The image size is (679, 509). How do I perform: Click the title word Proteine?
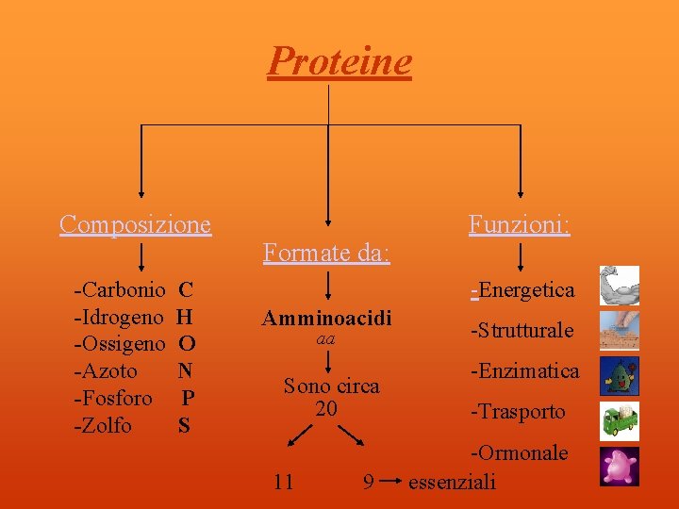tap(339, 61)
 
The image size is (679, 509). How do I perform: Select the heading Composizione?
tap(136, 224)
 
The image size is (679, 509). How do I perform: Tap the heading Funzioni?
tap(519, 224)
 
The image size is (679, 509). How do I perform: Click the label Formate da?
tap(326, 253)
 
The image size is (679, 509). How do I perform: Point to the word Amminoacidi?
tap(326, 319)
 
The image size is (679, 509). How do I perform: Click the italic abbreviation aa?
tap(326, 338)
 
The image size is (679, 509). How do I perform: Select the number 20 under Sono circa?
tap(326, 407)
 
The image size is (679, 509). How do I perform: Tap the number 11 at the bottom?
tap(283, 482)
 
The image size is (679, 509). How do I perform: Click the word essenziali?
tap(452, 482)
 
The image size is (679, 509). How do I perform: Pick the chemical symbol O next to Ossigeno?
tap(187, 343)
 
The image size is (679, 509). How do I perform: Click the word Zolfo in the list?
tap(103, 426)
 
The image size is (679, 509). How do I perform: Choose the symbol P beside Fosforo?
tap(188, 399)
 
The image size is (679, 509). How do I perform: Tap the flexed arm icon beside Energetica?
tap(619, 286)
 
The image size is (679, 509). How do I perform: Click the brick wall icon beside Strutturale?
tap(619, 331)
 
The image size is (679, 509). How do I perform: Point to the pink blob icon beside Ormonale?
tap(619, 467)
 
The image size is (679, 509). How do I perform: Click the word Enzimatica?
tap(525, 371)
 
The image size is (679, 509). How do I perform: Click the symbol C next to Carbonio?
tap(186, 288)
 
